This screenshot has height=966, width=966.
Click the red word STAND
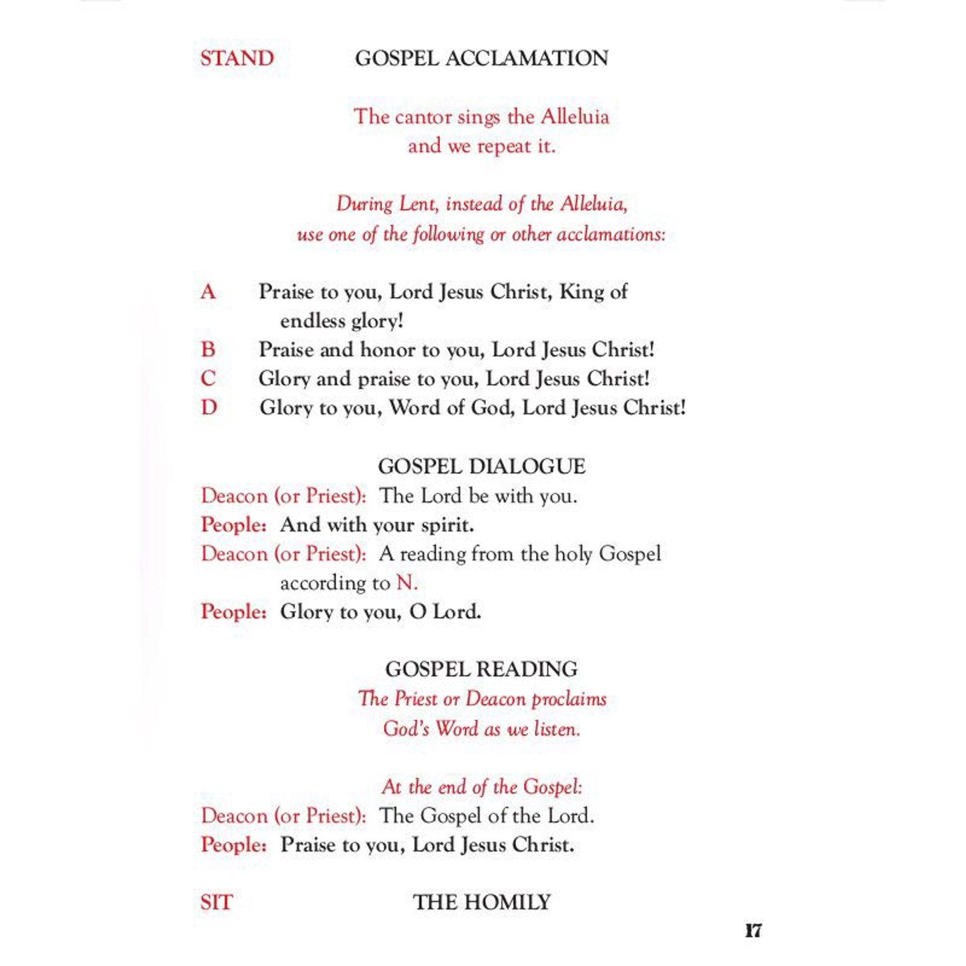[x=237, y=59]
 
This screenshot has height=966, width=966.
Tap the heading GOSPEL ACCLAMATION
[x=482, y=59]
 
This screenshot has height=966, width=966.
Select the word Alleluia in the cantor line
[x=575, y=117]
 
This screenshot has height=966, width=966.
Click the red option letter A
[x=208, y=292]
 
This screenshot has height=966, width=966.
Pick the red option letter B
[x=208, y=349]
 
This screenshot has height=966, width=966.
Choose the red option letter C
[x=208, y=378]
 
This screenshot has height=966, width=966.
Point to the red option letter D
[x=209, y=408]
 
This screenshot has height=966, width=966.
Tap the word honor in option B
[x=388, y=349]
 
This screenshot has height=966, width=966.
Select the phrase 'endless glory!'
[x=342, y=321]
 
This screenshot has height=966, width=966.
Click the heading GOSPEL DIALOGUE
[x=482, y=467]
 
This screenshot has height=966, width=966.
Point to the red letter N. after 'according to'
[x=407, y=583]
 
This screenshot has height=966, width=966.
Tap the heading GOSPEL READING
[x=482, y=669]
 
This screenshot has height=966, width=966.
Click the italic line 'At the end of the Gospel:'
[x=482, y=787]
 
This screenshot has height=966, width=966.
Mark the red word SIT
[x=216, y=902]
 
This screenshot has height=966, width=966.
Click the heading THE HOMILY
[x=482, y=902]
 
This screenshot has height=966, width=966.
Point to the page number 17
[x=753, y=931]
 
